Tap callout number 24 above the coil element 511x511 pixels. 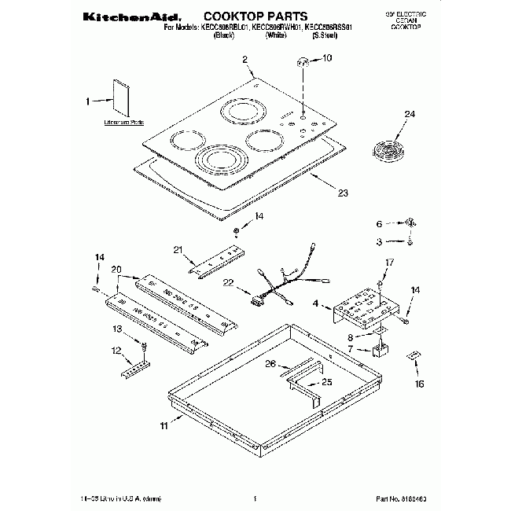pyautogui.click(x=409, y=115)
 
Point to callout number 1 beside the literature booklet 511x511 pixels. pyautogui.click(x=88, y=100)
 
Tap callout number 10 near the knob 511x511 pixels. pyautogui.click(x=328, y=57)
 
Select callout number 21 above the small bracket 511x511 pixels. pyautogui.click(x=178, y=250)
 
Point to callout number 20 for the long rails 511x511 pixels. pyautogui.click(x=117, y=270)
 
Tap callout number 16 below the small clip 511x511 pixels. pyautogui.click(x=419, y=384)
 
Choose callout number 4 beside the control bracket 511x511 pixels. pyautogui.click(x=315, y=303)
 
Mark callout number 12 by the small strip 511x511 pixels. pyautogui.click(x=117, y=350)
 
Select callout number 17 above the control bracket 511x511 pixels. pyautogui.click(x=388, y=262)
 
